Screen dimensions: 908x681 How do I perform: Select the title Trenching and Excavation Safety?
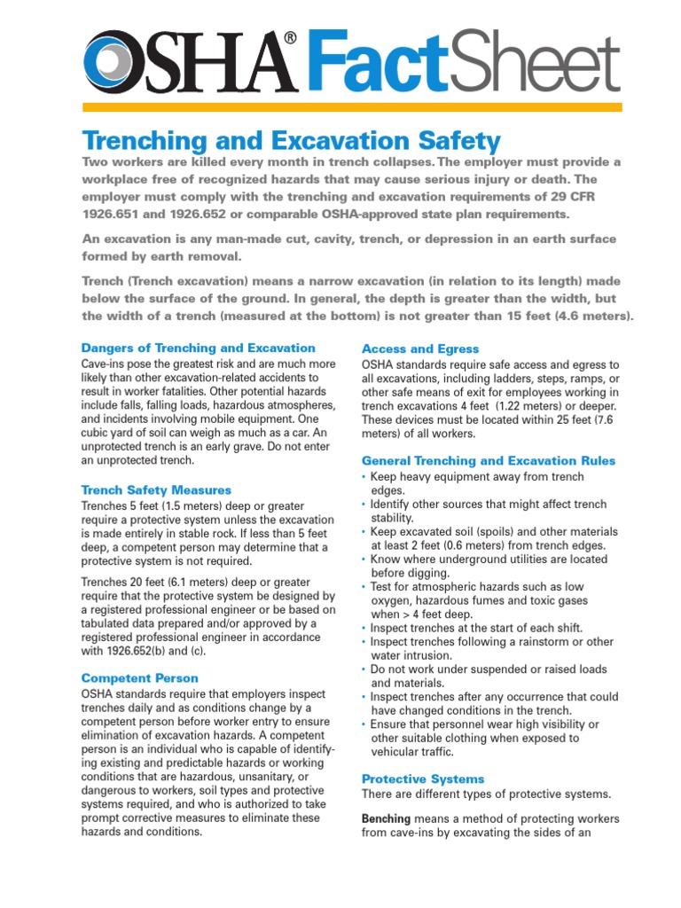(x=291, y=140)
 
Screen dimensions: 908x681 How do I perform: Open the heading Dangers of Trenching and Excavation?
(x=198, y=348)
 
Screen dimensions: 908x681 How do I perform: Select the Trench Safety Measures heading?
(x=156, y=489)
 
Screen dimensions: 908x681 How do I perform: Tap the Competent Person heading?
(x=139, y=677)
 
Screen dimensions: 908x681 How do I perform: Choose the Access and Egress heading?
(x=420, y=348)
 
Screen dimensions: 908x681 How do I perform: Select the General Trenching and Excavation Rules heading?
(x=489, y=460)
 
